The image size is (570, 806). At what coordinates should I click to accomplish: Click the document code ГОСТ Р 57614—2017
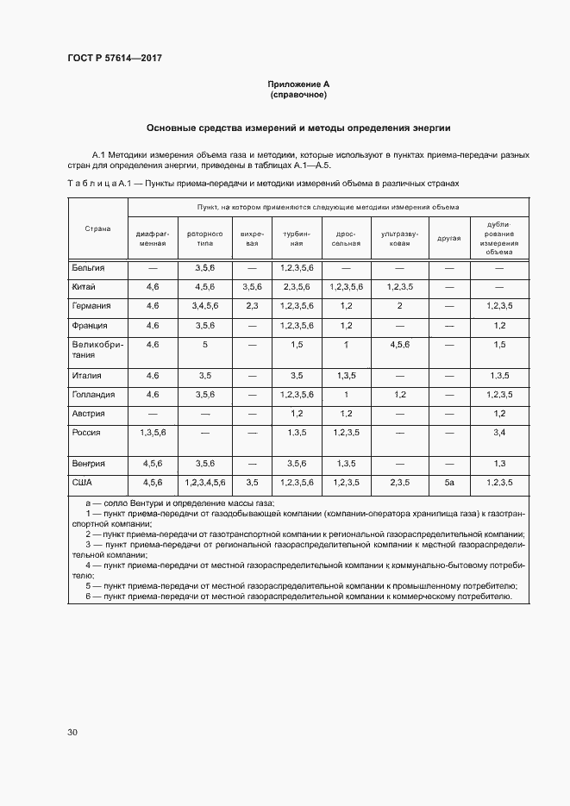pos(115,58)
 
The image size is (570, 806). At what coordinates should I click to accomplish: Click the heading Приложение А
pos(298,84)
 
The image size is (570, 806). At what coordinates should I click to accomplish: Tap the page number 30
pos(72,732)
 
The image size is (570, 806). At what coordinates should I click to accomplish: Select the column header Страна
pos(97,228)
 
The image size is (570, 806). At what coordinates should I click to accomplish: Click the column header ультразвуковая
pos(399,237)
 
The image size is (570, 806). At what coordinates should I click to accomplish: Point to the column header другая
pos(449,237)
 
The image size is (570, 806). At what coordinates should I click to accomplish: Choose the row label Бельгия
pos(89,268)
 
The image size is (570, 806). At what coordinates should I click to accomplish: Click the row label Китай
pos(85,286)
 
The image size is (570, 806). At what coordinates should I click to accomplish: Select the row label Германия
pos(91,305)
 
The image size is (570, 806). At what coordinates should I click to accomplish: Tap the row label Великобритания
pos(97,350)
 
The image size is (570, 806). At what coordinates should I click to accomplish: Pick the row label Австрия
pos(88,414)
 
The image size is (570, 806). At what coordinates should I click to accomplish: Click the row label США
pos(83,482)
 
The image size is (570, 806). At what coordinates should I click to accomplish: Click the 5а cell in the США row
pos(448,482)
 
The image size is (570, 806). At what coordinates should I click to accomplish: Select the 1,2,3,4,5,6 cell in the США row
pos(204,482)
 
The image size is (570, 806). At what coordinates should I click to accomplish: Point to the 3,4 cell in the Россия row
pos(498,432)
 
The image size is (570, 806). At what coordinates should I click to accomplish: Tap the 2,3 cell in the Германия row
pos(252,305)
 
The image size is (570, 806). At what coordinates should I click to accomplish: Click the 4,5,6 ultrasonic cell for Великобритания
pos(399,345)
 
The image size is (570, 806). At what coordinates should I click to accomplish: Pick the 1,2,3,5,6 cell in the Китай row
pos(347,286)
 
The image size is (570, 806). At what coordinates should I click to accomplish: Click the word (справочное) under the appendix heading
pos(298,95)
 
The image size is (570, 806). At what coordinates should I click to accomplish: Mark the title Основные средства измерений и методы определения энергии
pos(298,128)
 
